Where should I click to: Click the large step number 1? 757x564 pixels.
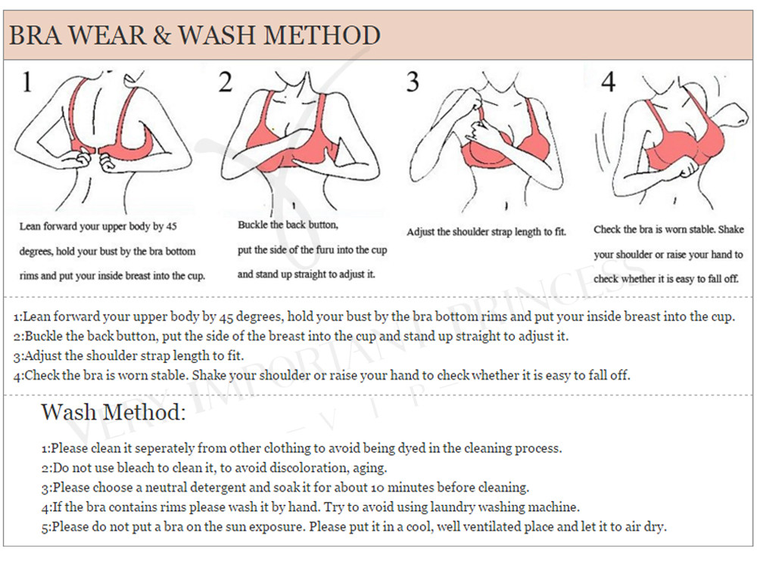(x=27, y=82)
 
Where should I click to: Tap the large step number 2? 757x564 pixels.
(x=226, y=82)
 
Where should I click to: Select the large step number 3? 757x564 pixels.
(x=413, y=82)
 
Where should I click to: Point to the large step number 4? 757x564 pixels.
(x=609, y=82)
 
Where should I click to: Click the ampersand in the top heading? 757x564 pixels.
(x=162, y=36)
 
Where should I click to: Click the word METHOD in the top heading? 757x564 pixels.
(x=322, y=36)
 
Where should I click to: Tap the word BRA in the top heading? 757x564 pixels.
(x=36, y=36)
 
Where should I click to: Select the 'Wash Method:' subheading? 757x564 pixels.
(x=114, y=412)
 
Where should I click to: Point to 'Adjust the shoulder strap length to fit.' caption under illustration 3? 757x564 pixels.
(x=486, y=232)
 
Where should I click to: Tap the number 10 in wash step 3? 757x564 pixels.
(x=378, y=488)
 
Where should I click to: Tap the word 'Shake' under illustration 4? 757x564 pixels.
(x=731, y=230)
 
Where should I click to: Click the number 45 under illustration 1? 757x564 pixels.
(x=171, y=226)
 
